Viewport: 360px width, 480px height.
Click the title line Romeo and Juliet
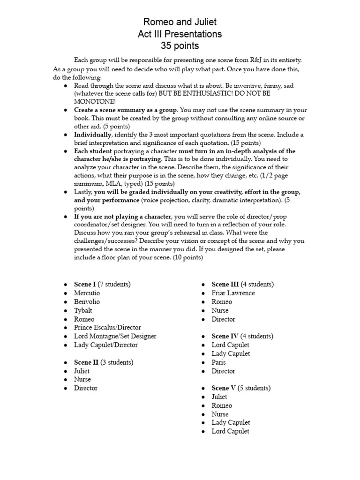point(180,22)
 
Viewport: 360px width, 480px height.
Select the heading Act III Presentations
point(180,34)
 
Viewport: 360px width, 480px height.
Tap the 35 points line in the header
point(180,46)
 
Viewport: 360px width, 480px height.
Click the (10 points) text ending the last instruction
point(188,257)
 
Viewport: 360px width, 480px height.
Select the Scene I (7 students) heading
point(102,284)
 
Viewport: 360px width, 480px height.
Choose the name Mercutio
point(87,293)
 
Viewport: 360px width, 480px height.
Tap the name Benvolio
point(87,301)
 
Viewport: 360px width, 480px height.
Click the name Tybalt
point(83,310)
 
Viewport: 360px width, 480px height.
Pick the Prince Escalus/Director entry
point(107,328)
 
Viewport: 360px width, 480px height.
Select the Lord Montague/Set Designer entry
point(115,336)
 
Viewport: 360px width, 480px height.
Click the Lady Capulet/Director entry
point(106,345)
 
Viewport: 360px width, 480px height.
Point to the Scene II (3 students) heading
point(104,362)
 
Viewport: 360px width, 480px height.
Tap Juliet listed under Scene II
point(82,371)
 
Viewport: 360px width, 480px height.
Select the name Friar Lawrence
point(233,293)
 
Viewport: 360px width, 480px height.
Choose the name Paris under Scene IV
point(218,362)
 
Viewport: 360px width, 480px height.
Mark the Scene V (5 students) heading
point(241,388)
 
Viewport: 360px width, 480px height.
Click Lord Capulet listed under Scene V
point(230,431)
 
